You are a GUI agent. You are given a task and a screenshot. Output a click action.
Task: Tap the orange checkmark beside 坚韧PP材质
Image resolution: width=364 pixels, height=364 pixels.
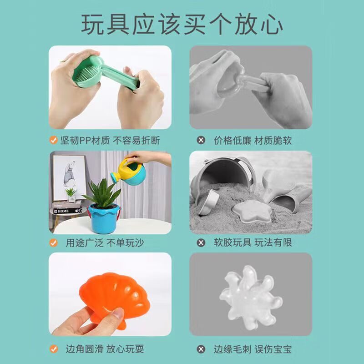pos(54,140)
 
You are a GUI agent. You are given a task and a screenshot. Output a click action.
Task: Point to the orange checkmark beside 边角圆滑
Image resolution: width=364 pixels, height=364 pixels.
pos(54,349)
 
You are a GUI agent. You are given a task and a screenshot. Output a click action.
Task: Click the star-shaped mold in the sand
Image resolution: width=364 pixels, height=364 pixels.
pos(248,212)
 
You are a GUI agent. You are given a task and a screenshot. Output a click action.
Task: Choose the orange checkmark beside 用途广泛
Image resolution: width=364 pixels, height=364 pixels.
pos(54,243)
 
